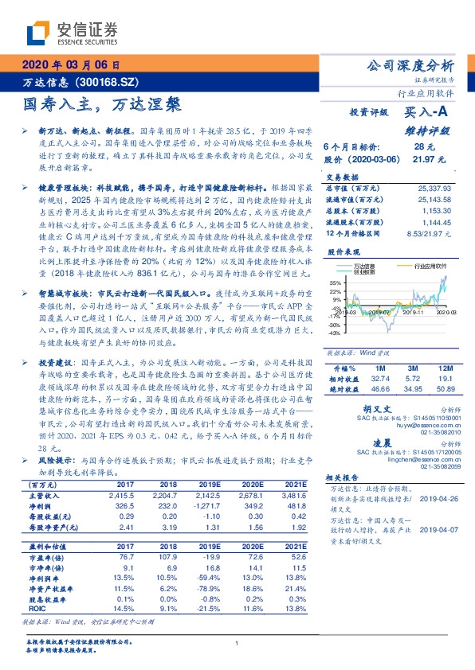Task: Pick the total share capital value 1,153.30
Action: pos(437,212)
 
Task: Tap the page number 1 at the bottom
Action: pos(237,643)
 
